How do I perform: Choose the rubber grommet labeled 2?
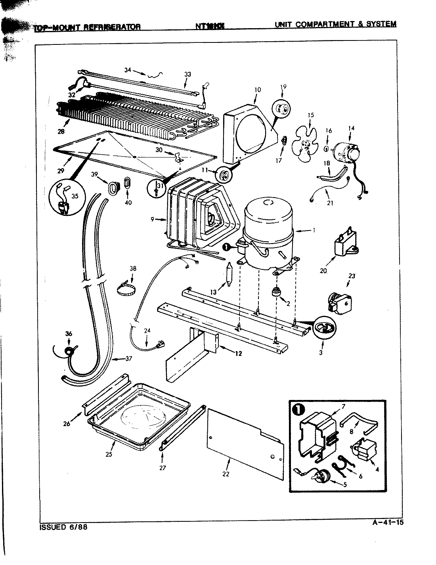(x=275, y=294)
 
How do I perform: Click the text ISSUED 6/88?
(x=63, y=528)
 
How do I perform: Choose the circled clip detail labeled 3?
(x=325, y=327)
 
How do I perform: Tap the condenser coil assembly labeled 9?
(x=198, y=216)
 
